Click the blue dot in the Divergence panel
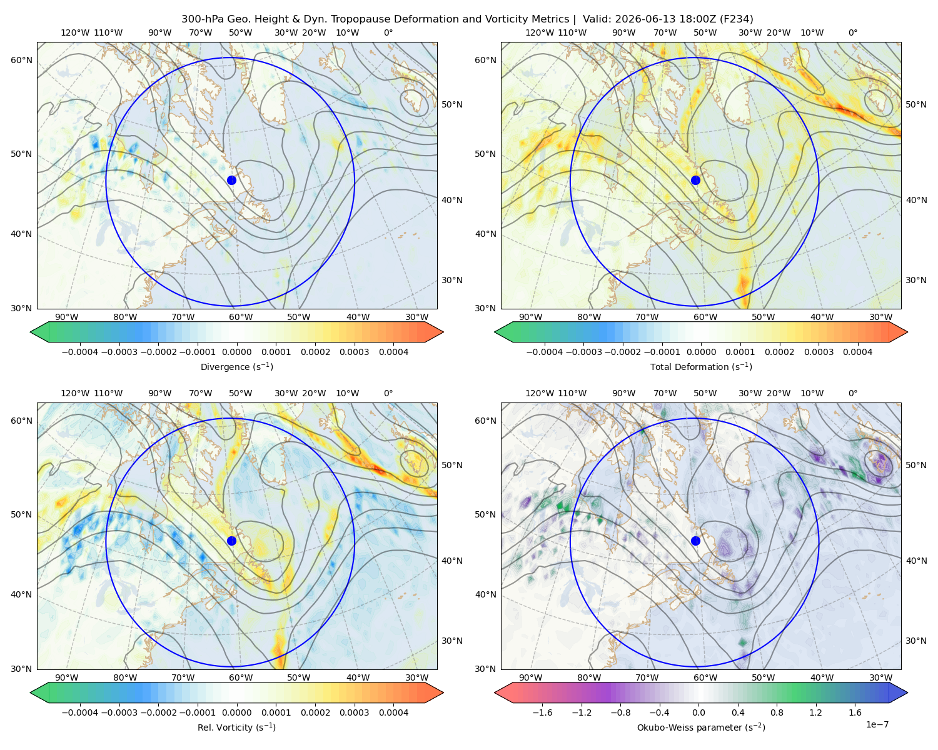coord(231,181)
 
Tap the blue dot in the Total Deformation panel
coord(695,181)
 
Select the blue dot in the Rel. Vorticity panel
coord(231,541)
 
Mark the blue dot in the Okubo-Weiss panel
coord(695,541)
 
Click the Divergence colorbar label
coord(236,367)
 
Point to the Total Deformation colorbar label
coord(701,367)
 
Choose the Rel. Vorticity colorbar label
coord(236,727)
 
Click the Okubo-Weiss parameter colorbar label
coord(701,727)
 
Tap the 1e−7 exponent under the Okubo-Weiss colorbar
coord(877,725)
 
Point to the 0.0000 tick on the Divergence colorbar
coord(236,352)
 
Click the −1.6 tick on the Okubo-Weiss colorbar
coord(542,712)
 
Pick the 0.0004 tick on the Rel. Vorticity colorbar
coord(393,712)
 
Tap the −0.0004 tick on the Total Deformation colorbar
coord(545,352)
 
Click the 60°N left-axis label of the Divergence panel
coord(21,60)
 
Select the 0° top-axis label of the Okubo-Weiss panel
coord(853,393)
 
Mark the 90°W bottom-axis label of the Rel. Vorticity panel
coord(67,677)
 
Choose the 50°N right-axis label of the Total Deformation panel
coord(916,104)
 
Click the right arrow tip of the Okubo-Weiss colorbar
coord(907,692)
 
